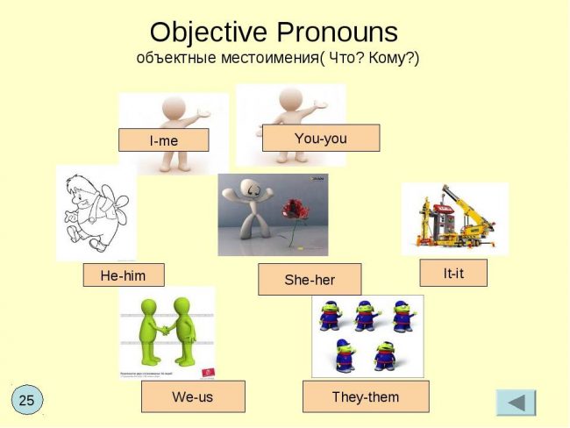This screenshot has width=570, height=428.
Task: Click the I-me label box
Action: click(164, 140)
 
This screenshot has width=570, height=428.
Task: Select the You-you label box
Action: click(321, 138)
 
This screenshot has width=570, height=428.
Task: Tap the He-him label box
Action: click(124, 275)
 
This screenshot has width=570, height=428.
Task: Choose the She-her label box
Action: click(310, 279)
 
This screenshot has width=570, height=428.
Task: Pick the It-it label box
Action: click(453, 273)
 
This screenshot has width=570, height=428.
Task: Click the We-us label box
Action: click(193, 396)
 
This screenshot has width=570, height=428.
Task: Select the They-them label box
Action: click(366, 396)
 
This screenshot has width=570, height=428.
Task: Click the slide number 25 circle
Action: click(27, 400)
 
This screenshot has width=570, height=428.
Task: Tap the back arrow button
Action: click(517, 403)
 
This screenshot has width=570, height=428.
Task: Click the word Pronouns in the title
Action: click(338, 32)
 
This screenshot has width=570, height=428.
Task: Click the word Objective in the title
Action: click(209, 32)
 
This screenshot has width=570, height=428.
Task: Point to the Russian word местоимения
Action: click(270, 58)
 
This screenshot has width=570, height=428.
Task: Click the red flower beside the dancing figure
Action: click(295, 210)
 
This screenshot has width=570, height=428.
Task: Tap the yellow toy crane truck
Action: click(455, 218)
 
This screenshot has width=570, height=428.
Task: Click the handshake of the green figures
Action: click(166, 330)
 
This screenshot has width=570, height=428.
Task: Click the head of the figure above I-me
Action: click(174, 107)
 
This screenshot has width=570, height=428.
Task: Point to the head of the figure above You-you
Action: click(291, 99)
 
